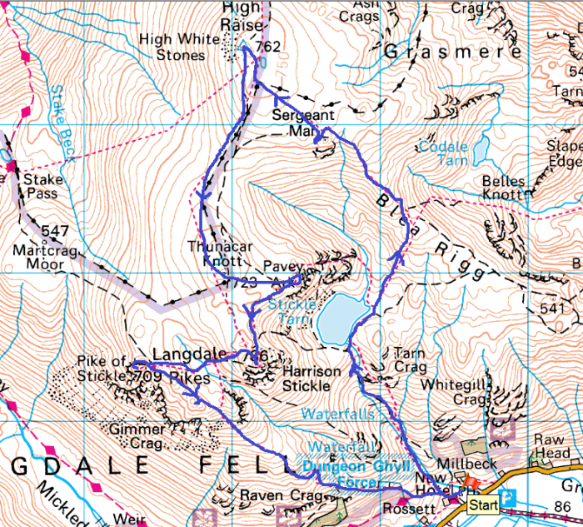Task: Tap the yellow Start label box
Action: tap(482, 504)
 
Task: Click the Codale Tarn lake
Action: tap(481, 150)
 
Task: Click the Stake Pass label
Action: tap(41, 187)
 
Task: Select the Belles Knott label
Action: tap(503, 188)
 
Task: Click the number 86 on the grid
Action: tap(563, 506)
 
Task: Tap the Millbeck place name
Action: tap(468, 463)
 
